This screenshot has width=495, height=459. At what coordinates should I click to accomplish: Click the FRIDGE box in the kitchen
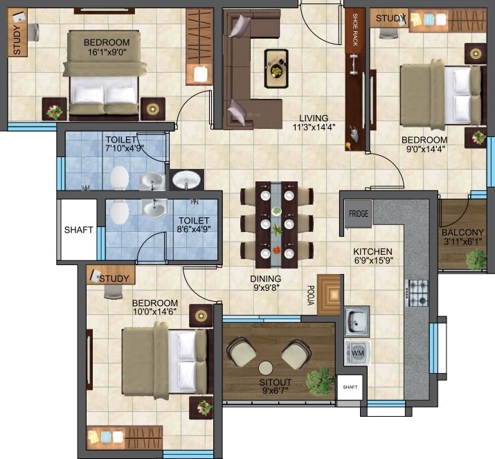(x=359, y=214)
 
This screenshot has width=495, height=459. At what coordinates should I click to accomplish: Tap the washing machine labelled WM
(x=357, y=352)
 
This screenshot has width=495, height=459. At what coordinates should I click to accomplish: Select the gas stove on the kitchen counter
(x=418, y=294)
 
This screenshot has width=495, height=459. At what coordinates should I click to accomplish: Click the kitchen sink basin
(x=357, y=321)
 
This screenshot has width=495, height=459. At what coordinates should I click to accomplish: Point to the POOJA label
(x=311, y=296)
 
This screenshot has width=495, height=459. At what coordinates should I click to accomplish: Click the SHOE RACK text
(x=355, y=30)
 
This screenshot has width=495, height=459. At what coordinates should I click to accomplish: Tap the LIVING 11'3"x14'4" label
(x=314, y=123)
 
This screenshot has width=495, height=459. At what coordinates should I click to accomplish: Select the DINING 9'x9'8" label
(x=266, y=283)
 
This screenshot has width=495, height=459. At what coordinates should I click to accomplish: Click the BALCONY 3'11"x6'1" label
(x=462, y=237)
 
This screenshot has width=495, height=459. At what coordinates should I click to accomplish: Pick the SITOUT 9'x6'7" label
(x=276, y=386)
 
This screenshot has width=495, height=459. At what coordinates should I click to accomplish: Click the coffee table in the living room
(x=276, y=69)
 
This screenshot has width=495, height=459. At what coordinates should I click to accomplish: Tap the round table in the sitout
(x=266, y=368)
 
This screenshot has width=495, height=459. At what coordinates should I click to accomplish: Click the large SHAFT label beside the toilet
(x=79, y=230)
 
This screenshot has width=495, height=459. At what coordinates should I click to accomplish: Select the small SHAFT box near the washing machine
(x=350, y=387)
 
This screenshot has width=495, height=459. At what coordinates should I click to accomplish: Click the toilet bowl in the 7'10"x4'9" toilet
(x=119, y=178)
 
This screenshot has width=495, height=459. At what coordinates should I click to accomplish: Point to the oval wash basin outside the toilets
(x=186, y=180)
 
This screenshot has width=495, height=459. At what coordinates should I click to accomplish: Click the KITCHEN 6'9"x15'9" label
(x=373, y=256)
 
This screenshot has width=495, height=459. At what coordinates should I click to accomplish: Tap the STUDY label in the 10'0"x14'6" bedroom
(x=114, y=278)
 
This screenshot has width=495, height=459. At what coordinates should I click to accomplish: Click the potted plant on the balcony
(x=477, y=260)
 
